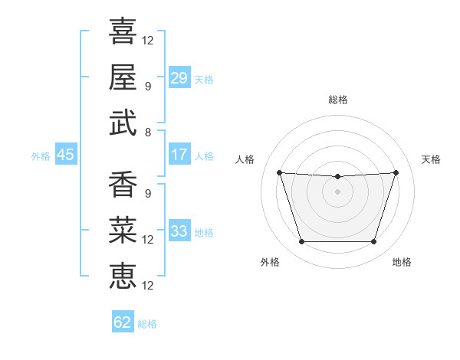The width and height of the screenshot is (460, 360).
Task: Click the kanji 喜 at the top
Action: click(x=123, y=31)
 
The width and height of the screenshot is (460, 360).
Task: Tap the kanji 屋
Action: click(x=123, y=77)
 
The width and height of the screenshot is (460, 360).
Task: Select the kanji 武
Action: click(x=123, y=123)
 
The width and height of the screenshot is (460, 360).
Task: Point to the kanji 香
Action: click(x=123, y=184)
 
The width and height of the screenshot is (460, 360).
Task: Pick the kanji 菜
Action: click(x=123, y=230)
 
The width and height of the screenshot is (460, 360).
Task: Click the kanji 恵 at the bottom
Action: click(x=123, y=276)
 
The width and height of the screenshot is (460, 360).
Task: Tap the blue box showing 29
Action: click(x=179, y=77)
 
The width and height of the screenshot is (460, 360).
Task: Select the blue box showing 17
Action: click(x=179, y=154)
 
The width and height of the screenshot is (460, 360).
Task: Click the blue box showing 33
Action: click(x=179, y=230)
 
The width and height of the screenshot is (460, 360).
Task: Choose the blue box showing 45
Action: click(x=66, y=154)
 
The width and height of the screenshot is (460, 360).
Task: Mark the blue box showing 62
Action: click(x=123, y=321)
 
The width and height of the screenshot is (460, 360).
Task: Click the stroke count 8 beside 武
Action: click(x=148, y=133)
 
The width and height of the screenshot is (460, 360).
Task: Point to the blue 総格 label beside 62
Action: click(x=147, y=324)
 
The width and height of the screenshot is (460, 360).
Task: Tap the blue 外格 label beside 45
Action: click(x=41, y=156)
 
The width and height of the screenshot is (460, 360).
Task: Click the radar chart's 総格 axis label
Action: click(x=337, y=100)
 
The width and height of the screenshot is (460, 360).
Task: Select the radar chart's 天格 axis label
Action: click(x=431, y=159)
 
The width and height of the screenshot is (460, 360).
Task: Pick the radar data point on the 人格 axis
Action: click(x=279, y=172)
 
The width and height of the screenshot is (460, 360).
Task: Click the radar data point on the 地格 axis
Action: click(x=373, y=241)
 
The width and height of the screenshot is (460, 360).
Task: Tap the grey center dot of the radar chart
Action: click(x=337, y=191)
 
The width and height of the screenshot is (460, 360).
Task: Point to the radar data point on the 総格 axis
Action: click(x=337, y=176)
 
